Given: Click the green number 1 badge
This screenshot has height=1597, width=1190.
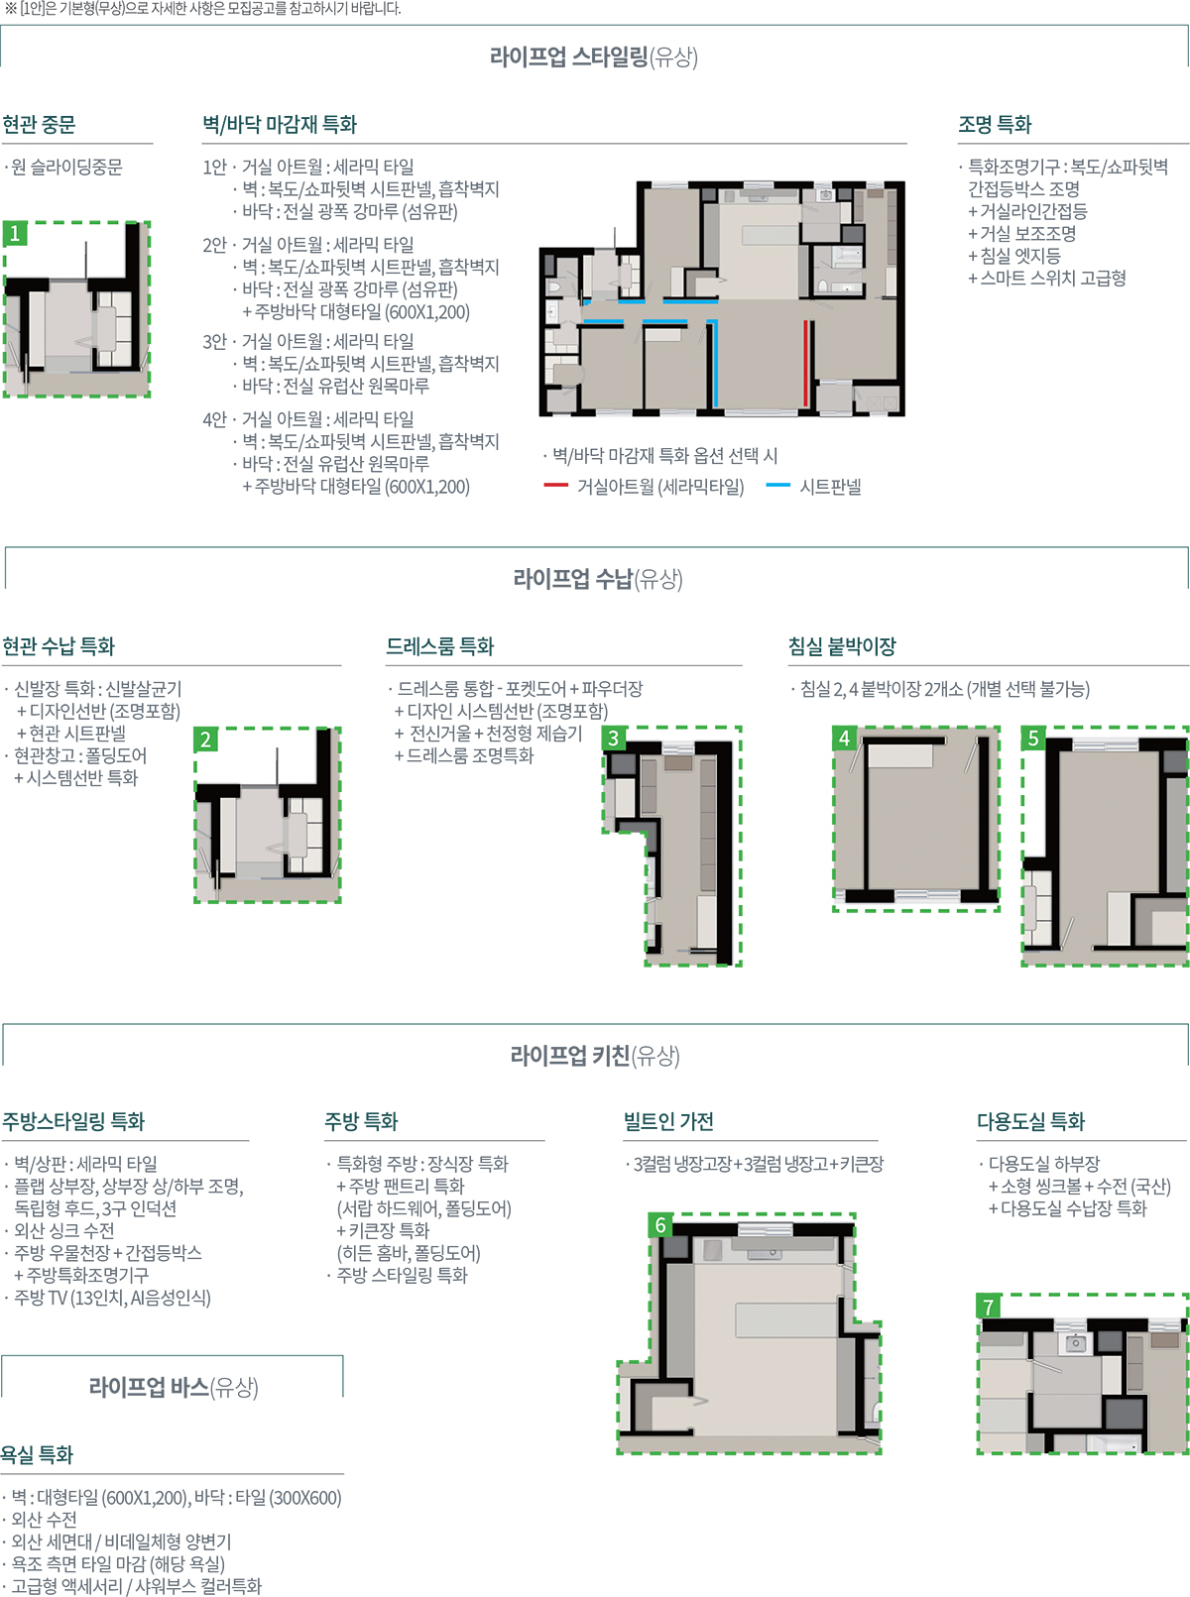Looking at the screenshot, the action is (x=15, y=233).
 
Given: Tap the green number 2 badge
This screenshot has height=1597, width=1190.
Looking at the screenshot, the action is (x=206, y=740).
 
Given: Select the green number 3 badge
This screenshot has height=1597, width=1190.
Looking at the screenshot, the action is (x=614, y=738).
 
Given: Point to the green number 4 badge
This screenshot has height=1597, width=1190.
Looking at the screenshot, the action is (x=844, y=738).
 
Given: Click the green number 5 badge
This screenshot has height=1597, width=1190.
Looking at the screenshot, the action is (x=1033, y=738).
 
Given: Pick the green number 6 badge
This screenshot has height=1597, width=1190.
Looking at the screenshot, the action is (x=660, y=1224).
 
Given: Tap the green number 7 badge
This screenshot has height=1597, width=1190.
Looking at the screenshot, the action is (x=989, y=1306).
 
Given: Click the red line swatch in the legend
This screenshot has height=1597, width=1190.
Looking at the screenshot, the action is (x=556, y=486).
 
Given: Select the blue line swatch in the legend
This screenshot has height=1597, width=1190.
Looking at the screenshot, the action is (x=778, y=486).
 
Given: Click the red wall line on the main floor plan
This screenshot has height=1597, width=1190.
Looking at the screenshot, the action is (x=806, y=363).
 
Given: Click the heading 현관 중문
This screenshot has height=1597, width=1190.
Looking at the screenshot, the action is (x=39, y=125).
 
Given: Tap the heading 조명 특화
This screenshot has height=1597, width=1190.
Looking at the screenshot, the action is (x=995, y=125).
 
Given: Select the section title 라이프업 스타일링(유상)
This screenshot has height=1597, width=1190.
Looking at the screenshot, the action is (x=594, y=57).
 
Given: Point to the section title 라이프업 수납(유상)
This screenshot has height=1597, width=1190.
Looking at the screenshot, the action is (x=598, y=579).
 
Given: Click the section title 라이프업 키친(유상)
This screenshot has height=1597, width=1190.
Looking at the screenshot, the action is (x=595, y=1057).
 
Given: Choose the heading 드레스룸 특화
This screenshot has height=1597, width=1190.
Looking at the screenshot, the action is (x=440, y=646).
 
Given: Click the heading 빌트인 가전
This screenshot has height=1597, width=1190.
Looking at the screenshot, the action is (x=668, y=1121).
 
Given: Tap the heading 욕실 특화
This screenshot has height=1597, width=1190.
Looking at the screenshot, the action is (x=37, y=1454).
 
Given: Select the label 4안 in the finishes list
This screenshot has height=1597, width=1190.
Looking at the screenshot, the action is (x=214, y=419).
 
